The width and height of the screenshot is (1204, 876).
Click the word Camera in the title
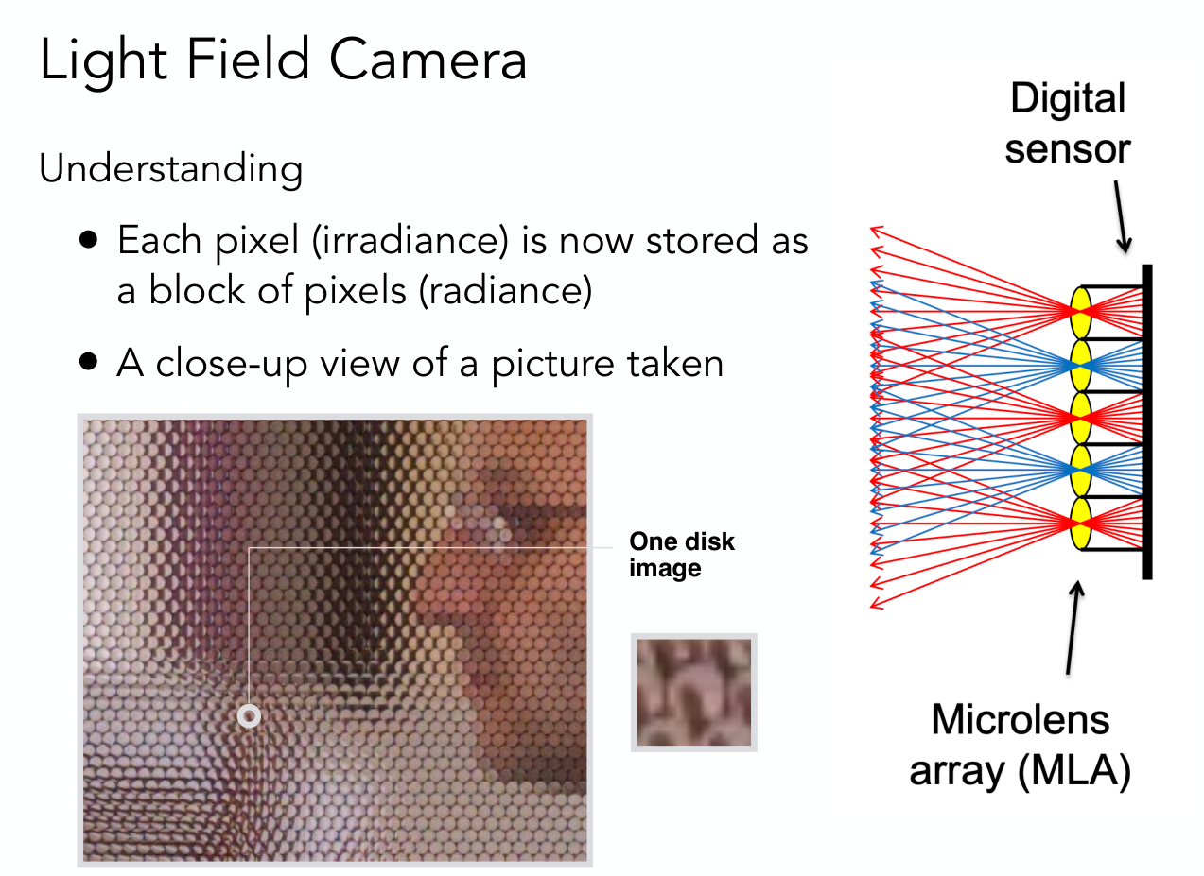428,60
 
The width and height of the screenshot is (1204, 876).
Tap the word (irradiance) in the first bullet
410,242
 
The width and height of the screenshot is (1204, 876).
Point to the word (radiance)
505,292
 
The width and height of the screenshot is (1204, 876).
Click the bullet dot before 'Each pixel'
88,239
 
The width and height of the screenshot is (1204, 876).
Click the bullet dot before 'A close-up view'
88,362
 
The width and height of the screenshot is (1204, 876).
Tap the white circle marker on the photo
249,716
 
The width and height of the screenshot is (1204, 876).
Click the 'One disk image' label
682,555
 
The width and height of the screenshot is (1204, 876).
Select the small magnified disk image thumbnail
694,693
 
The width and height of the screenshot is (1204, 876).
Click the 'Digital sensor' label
1068,123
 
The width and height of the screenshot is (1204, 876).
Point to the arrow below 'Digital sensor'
1123,216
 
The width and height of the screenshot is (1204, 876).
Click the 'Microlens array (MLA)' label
1021,746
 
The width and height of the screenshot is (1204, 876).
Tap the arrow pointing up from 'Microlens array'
1073,627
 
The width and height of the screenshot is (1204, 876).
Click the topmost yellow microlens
1081,312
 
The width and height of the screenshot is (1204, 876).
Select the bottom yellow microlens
1081,524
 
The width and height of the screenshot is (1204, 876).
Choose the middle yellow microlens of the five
1081,418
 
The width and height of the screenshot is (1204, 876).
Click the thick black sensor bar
1147,421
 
